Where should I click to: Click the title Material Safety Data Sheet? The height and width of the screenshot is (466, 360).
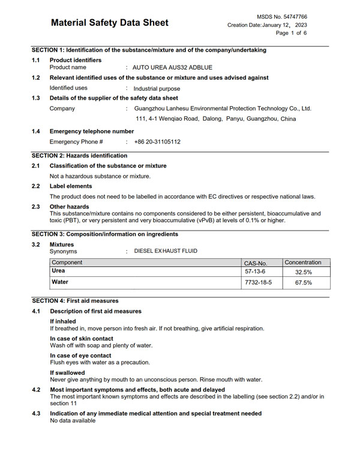109,23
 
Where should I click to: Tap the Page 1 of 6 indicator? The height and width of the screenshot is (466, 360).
291,33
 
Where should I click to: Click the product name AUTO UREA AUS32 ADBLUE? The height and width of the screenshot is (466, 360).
172,67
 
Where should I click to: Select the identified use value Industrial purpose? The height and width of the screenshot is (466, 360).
157,88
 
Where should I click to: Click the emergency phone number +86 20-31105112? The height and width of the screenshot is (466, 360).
157,142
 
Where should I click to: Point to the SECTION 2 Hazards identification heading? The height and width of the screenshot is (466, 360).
79,156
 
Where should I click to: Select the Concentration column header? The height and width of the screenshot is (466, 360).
303,262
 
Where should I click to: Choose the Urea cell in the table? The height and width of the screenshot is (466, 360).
59,271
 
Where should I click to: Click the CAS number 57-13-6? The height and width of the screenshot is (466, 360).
255,272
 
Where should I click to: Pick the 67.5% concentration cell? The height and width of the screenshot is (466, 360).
303,282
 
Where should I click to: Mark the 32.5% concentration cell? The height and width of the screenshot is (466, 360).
303,272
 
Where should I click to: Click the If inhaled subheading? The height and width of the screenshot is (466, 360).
63,321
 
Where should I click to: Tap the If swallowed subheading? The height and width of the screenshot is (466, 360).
67,373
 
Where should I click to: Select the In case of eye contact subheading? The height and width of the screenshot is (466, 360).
80,356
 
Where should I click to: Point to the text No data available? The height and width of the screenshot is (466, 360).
73,421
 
